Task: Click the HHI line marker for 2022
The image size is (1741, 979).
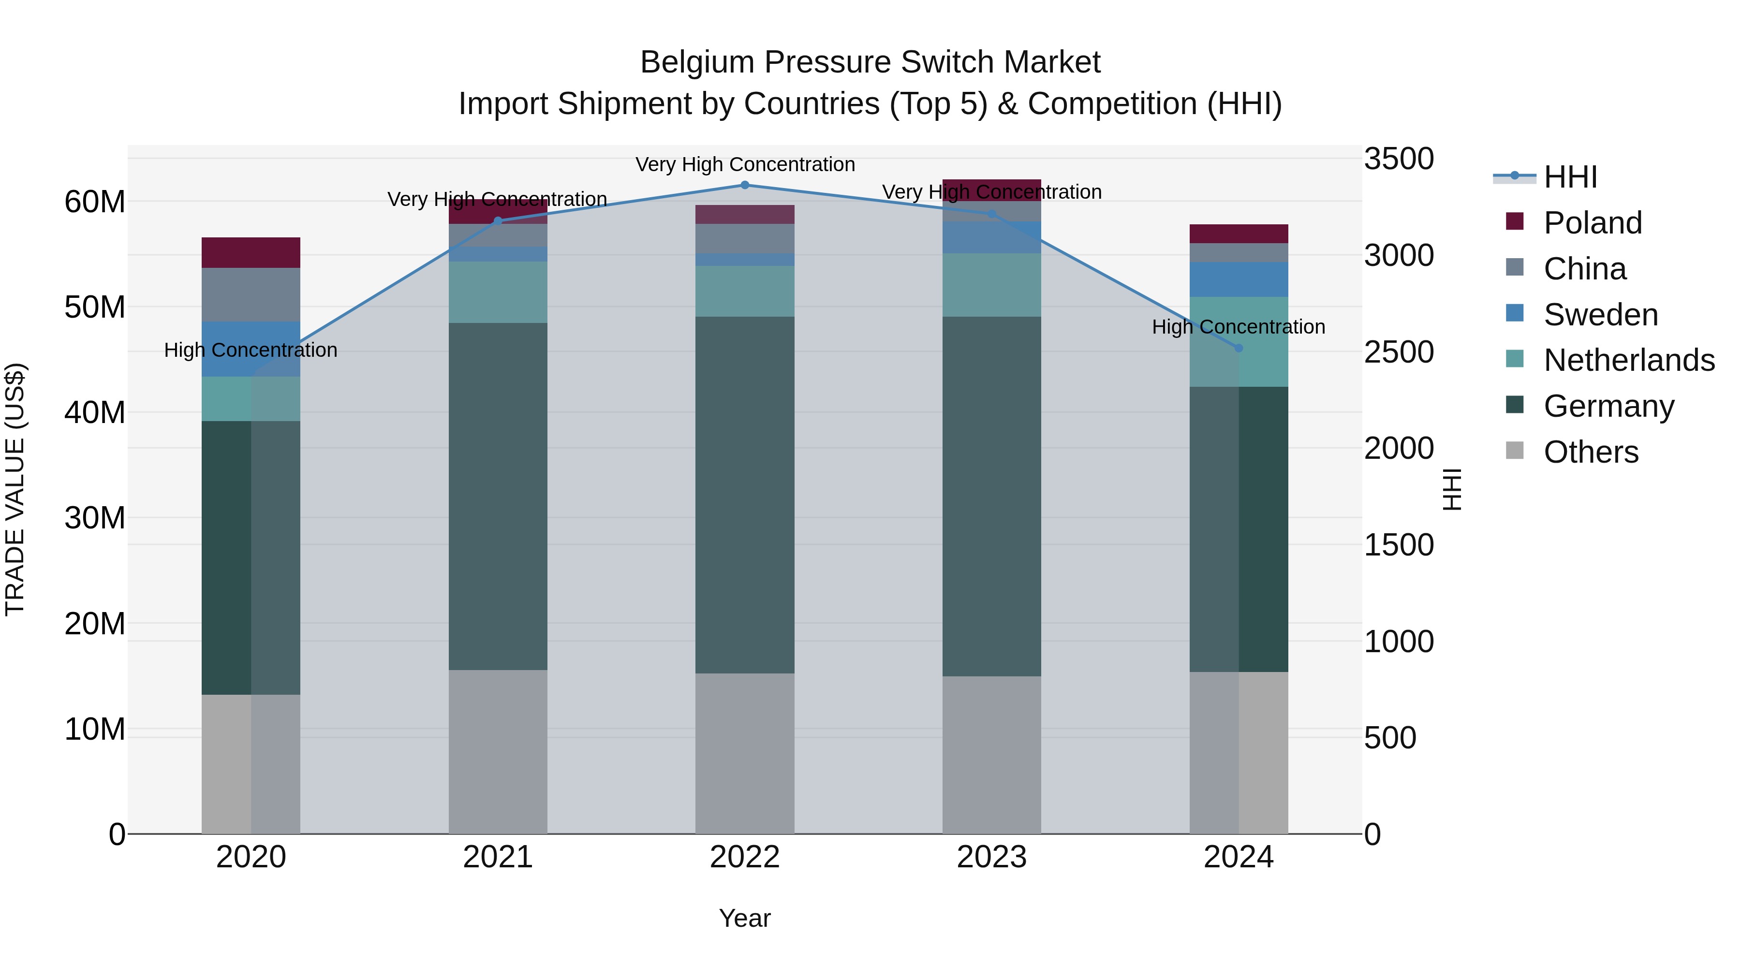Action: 745,185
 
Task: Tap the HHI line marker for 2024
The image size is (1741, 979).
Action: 1239,349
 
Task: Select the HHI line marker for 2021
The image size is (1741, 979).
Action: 498,221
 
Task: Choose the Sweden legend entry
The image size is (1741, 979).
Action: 1600,315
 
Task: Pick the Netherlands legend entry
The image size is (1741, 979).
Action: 1628,360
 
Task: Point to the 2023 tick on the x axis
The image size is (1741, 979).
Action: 991,857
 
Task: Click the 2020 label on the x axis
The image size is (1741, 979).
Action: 251,857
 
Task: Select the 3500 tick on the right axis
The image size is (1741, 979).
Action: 1398,160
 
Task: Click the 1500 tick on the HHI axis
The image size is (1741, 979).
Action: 1398,545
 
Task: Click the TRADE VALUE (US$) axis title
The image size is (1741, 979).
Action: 15,489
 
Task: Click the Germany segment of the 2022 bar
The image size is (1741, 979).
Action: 745,495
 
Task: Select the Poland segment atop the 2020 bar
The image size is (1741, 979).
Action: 251,253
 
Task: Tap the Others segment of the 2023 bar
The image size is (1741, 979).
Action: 991,755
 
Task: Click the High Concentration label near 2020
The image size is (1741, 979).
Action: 251,351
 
